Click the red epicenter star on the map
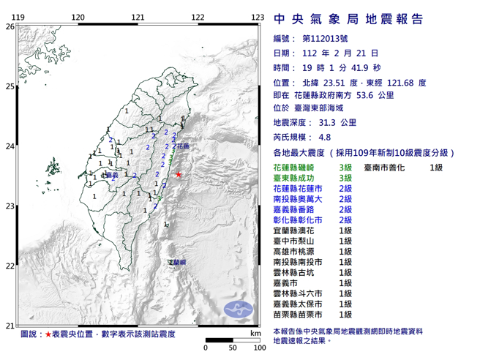click(180, 174)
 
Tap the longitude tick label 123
click(257, 16)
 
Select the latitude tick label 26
click(9, 26)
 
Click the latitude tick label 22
click(9, 266)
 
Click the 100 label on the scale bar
click(257, 347)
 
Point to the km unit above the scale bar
click(253, 333)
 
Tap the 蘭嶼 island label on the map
click(177, 262)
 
